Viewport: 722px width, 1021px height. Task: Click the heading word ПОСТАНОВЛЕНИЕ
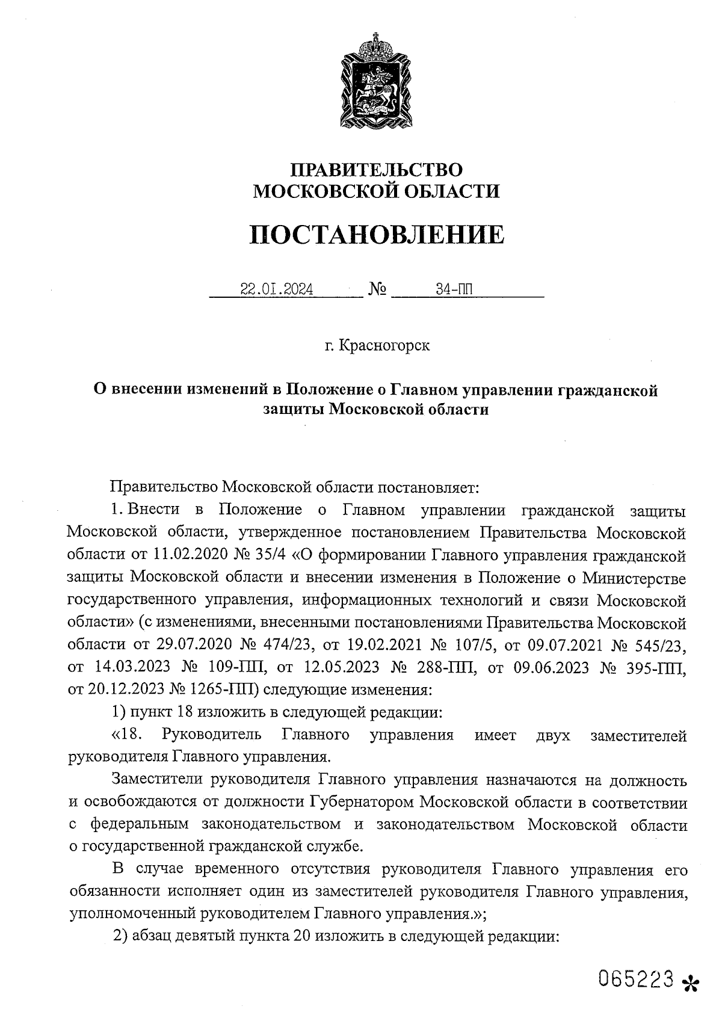click(377, 235)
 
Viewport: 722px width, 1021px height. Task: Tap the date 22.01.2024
click(276, 290)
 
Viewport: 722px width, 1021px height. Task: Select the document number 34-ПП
click(455, 290)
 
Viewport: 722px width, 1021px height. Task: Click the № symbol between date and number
click(377, 291)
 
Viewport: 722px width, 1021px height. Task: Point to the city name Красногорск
click(384, 346)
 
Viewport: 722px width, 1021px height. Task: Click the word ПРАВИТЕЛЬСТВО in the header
click(377, 169)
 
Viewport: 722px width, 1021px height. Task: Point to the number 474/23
click(287, 645)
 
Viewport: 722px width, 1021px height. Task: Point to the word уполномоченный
click(129, 914)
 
